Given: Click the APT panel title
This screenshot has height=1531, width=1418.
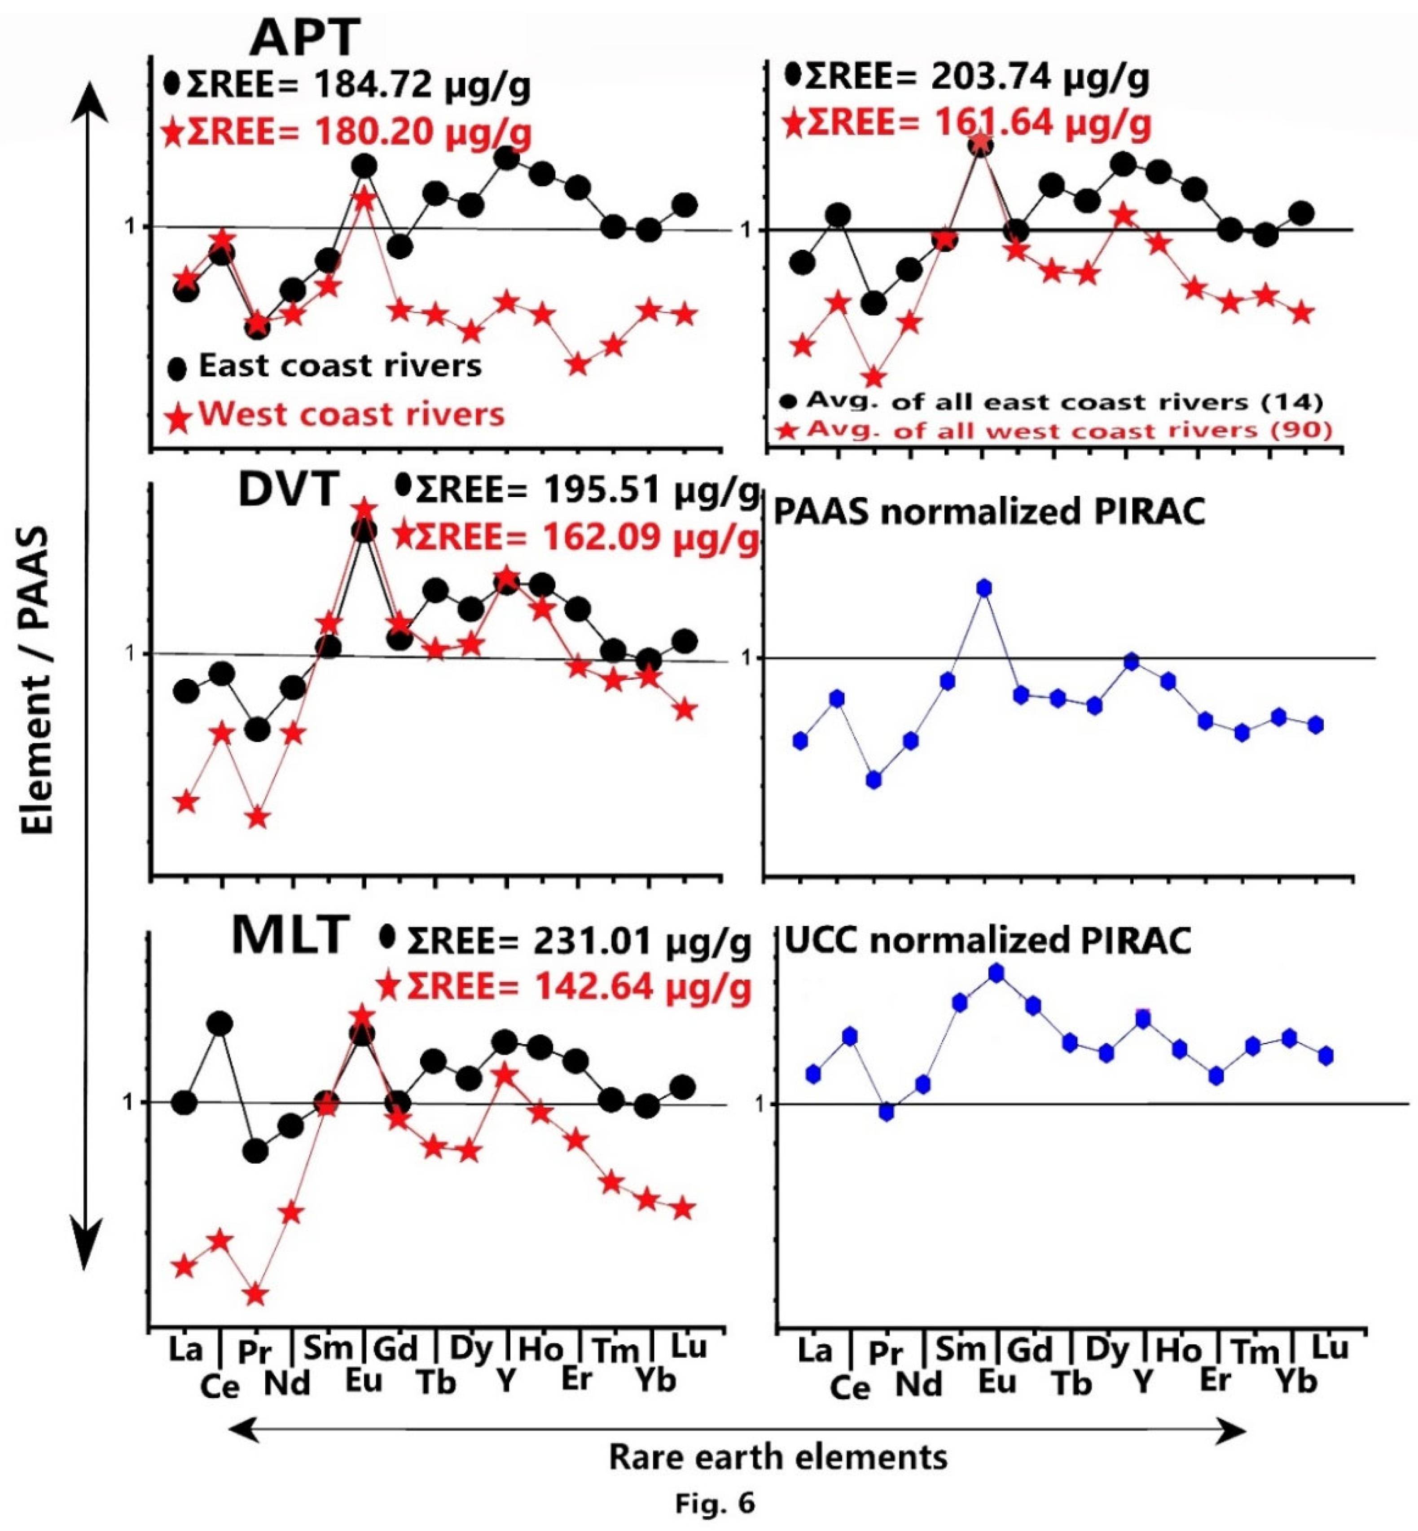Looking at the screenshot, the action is coord(305,37).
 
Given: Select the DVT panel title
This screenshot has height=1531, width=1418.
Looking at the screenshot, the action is coord(289,489).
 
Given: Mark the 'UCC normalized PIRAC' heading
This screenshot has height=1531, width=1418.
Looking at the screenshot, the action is coord(988,941).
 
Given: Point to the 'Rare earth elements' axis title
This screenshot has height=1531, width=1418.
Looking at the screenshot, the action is coord(778,1456).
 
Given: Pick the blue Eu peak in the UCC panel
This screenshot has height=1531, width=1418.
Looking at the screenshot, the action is coord(996,973).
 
